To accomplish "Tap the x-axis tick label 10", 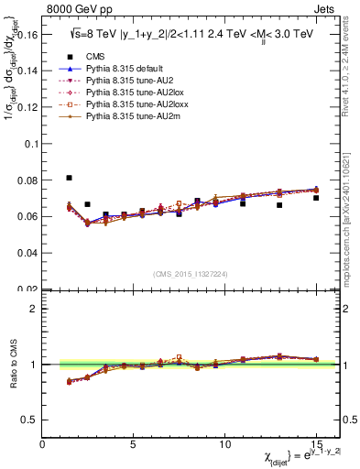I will click(x=224, y=444).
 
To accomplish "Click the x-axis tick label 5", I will click(x=134, y=444).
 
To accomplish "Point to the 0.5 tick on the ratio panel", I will click(x=30, y=420).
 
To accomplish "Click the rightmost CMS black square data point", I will click(x=316, y=198).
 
